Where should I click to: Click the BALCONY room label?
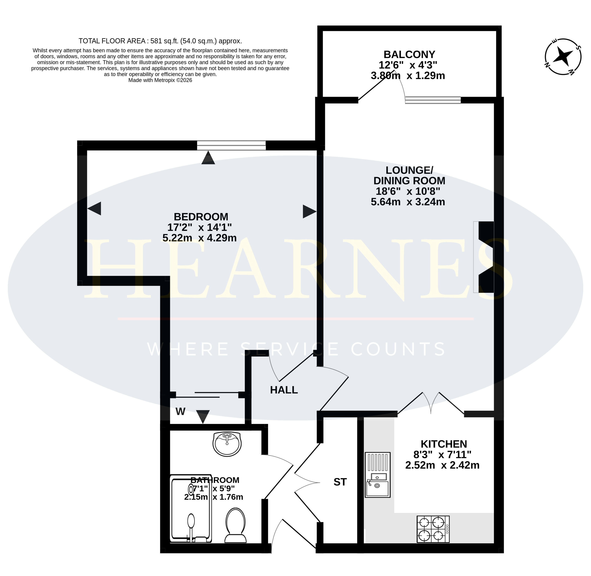[409, 54]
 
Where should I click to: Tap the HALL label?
[284, 390]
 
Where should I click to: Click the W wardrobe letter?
[181, 411]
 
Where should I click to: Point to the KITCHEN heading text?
[444, 444]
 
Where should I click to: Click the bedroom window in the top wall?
[231, 145]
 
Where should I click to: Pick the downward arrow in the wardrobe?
[203, 417]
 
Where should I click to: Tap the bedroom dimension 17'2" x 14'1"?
[200, 227]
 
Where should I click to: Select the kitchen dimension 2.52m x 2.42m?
[442, 465]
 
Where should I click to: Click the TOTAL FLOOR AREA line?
[160, 41]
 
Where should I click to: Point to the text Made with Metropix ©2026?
[160, 80]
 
